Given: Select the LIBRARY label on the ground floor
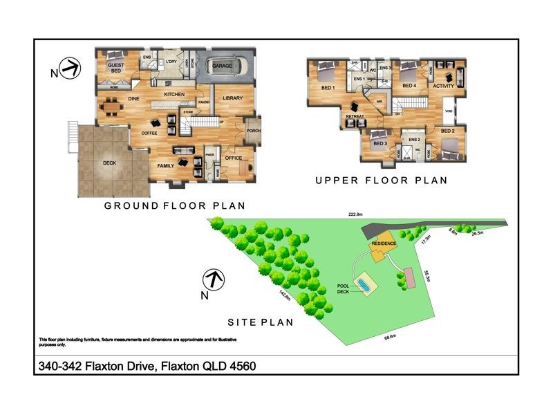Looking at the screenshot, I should coord(232,99).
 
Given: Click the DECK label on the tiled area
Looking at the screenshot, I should coord(109,164).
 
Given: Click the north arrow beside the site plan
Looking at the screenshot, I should coord(213,280).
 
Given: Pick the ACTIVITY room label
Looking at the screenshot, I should coord(443,86).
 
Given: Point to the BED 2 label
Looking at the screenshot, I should coord(447,131).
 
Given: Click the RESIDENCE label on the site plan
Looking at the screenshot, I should coord(384,243).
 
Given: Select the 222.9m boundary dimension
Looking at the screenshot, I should coord(355,214).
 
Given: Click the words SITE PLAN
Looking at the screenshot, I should coord(261,322).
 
